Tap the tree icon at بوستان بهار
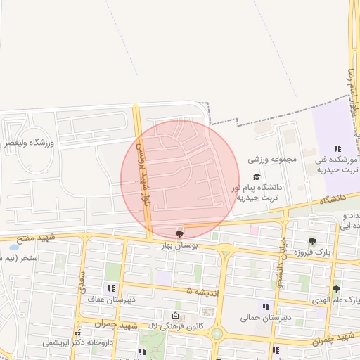179,234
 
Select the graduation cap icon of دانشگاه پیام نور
257,176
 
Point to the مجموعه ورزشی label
272,160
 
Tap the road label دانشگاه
325,201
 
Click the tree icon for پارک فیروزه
312,241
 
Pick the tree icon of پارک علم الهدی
336,288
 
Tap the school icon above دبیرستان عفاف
110,288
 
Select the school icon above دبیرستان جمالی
265,306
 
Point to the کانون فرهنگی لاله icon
175,315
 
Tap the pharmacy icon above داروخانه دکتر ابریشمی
78,332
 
